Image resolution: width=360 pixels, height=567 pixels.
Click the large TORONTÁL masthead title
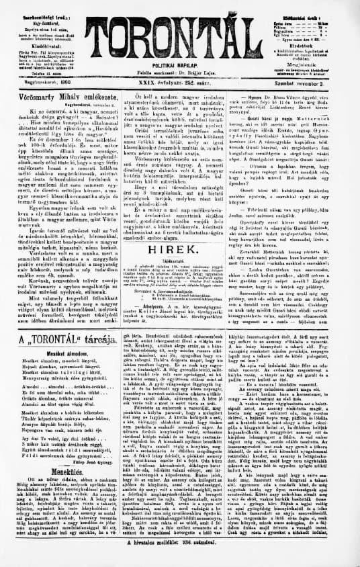[179, 28]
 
